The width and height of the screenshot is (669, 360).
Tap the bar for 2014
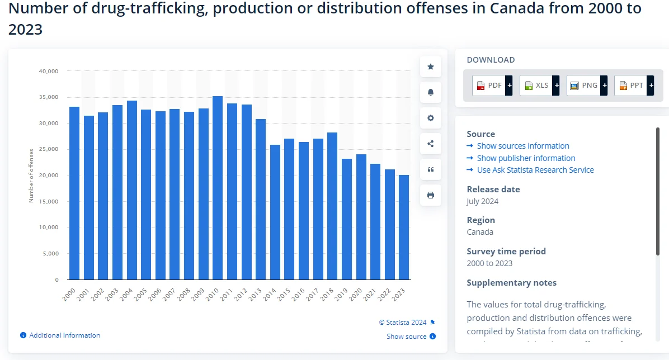point(275,212)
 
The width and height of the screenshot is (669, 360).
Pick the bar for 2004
point(131,190)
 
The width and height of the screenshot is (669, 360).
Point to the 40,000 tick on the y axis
point(49,71)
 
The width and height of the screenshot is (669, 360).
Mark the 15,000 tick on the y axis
point(49,201)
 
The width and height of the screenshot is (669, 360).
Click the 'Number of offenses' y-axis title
point(32,175)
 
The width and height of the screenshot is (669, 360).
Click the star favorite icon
point(431,67)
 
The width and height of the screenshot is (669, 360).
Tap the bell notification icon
point(431,92)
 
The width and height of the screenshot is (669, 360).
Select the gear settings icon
point(431,118)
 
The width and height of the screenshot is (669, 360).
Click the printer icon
point(431,195)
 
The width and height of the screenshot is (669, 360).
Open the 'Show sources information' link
point(522,146)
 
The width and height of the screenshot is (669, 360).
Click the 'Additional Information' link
point(64,335)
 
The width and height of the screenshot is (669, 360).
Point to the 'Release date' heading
point(493,189)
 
